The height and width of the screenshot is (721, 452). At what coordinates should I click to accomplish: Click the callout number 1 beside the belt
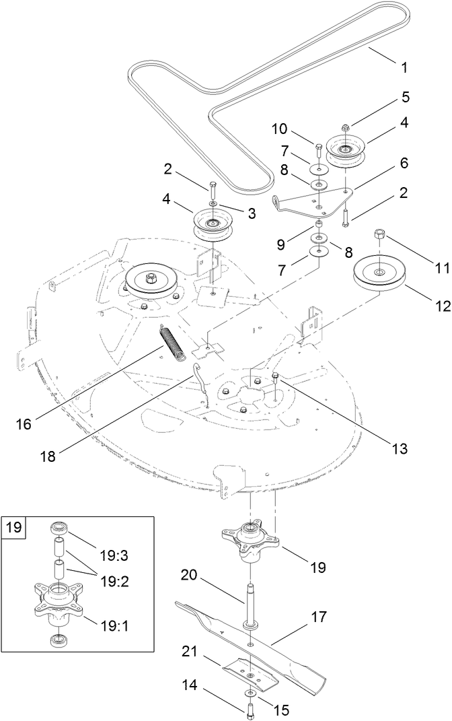coord(404,67)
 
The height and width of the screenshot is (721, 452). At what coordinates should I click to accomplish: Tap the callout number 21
coord(190,650)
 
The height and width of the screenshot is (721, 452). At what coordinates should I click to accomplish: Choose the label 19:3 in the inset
coord(115,537)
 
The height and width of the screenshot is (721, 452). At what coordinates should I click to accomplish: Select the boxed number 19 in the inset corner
coord(13,526)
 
